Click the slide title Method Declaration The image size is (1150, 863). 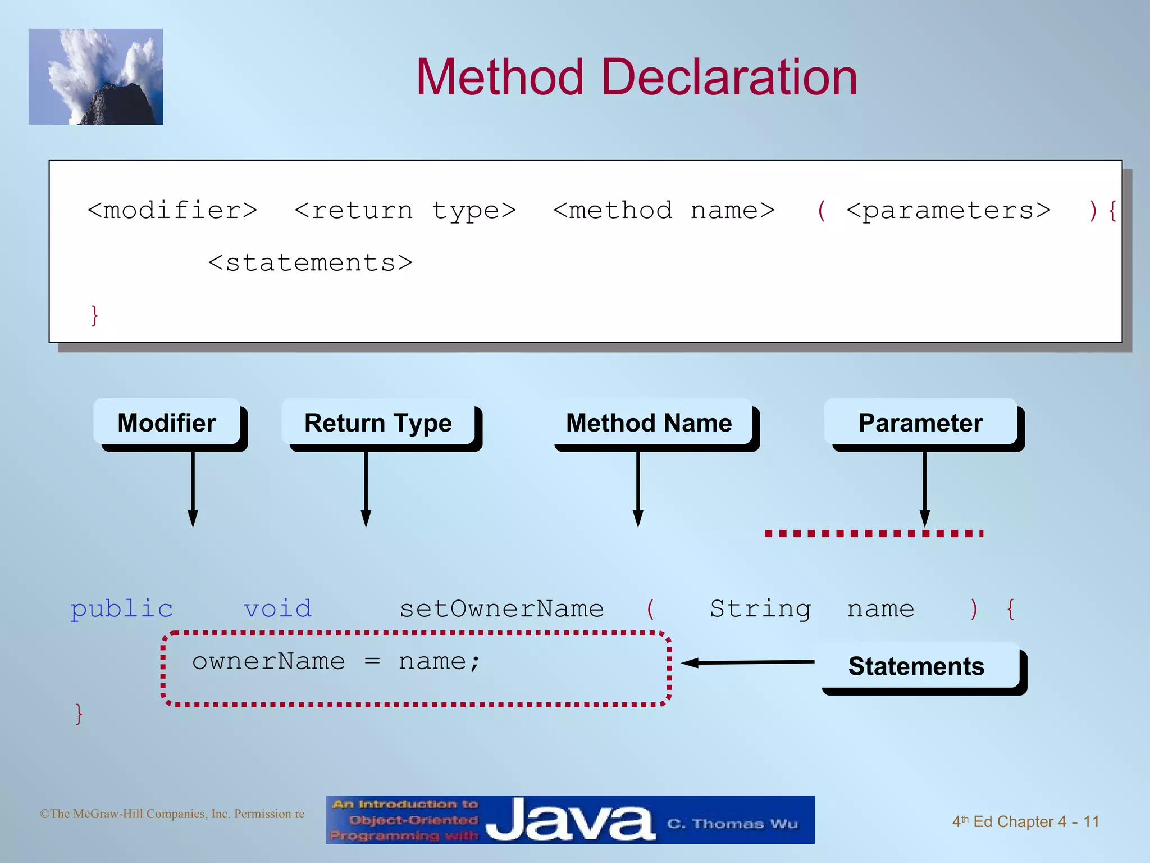pos(636,78)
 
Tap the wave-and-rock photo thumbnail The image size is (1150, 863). pos(96,77)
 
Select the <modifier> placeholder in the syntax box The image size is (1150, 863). pos(172,211)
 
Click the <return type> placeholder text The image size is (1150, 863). pos(405,211)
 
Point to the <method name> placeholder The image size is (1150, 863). pos(664,211)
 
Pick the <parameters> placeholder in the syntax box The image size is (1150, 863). pos(948,211)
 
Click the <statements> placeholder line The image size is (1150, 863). pos(310,263)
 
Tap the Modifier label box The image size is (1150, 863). pos(167,423)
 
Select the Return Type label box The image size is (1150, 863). pos(378,423)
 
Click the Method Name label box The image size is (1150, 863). pos(649,423)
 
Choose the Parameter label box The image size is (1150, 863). pos(920,423)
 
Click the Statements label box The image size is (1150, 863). pos(916,666)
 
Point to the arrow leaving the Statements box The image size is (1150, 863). pos(747,663)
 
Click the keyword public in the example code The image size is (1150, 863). pos(122,609)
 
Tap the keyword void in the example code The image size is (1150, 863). pos(277,609)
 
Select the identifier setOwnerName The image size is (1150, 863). pos(501,609)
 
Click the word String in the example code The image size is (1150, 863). pos(760,609)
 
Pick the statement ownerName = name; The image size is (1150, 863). pos(336,662)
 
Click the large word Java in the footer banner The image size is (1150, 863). pos(570,821)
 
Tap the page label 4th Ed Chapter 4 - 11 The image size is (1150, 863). pos(1025,821)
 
